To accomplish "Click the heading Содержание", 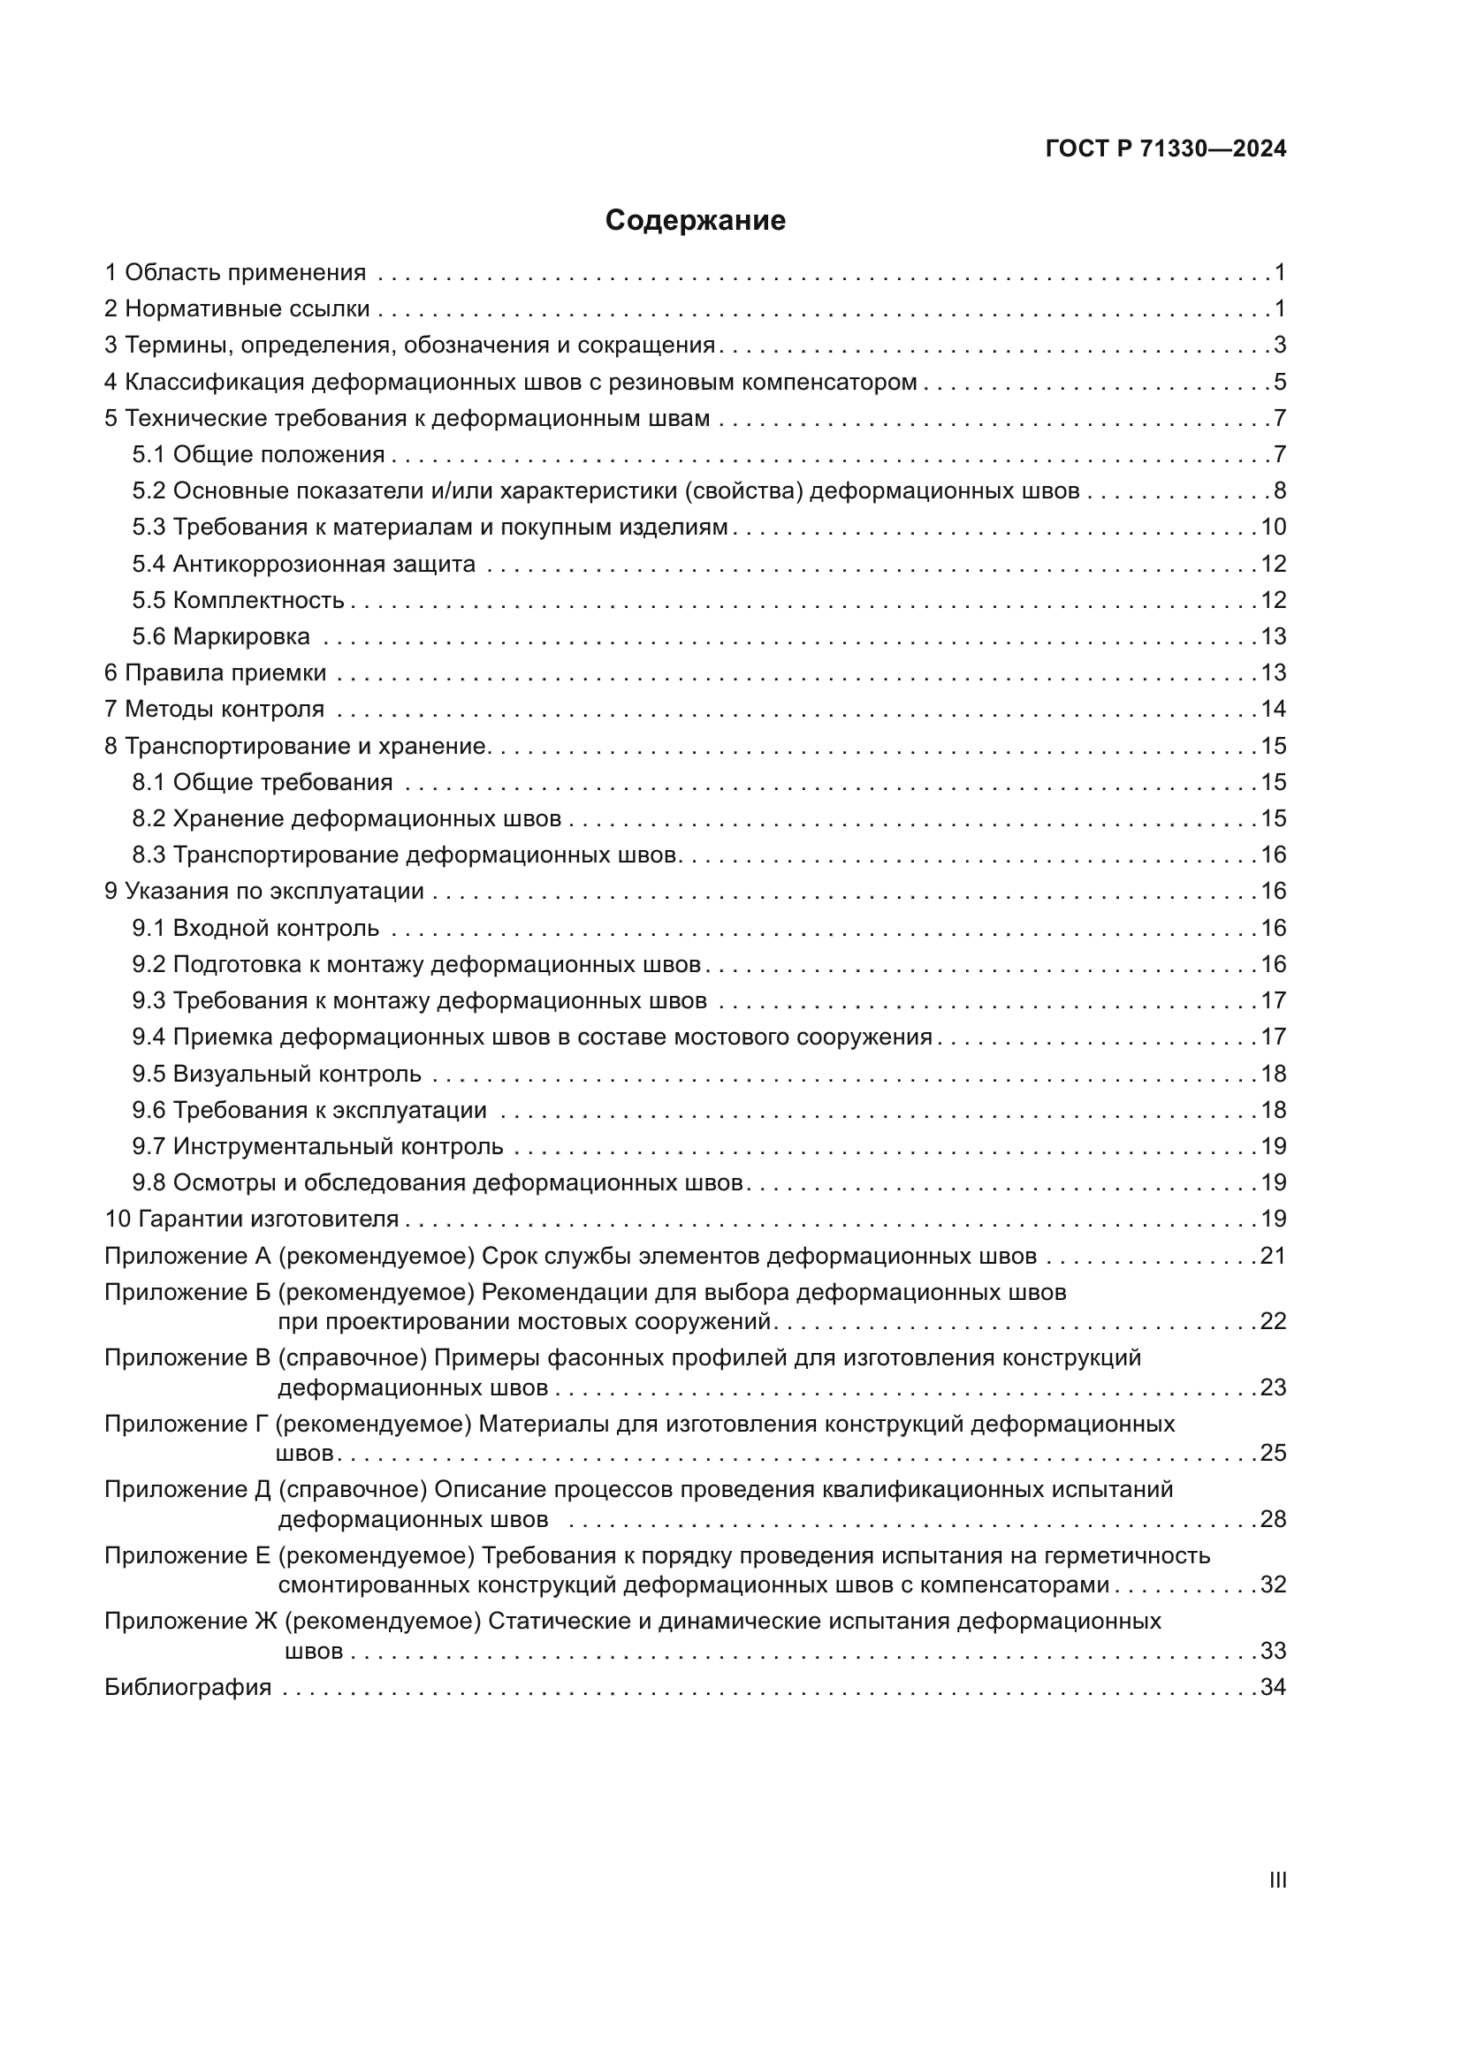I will [695, 221].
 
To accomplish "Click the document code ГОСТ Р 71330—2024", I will [1166, 149].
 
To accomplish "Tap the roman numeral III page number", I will [1277, 1881].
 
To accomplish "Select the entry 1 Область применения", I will [235, 273].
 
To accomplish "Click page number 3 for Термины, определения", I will [1279, 346].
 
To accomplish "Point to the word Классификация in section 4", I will [214, 382].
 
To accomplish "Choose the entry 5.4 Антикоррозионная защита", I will [303, 565].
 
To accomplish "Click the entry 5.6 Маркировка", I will [222, 636].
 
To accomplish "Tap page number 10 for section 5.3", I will [1273, 528].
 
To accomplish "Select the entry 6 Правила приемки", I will [215, 673].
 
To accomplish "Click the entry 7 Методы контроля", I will [214, 710].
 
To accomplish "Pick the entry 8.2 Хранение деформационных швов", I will [346, 818].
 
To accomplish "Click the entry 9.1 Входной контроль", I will [255, 928].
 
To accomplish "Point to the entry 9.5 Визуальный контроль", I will [277, 1074].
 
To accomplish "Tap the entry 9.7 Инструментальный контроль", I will [318, 1147].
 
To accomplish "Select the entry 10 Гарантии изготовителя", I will [252, 1219].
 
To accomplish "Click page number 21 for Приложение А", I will [1273, 1256].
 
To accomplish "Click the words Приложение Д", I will [187, 1490].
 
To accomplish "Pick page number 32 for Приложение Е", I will [1273, 1585].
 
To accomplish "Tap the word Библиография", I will [188, 1687].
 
